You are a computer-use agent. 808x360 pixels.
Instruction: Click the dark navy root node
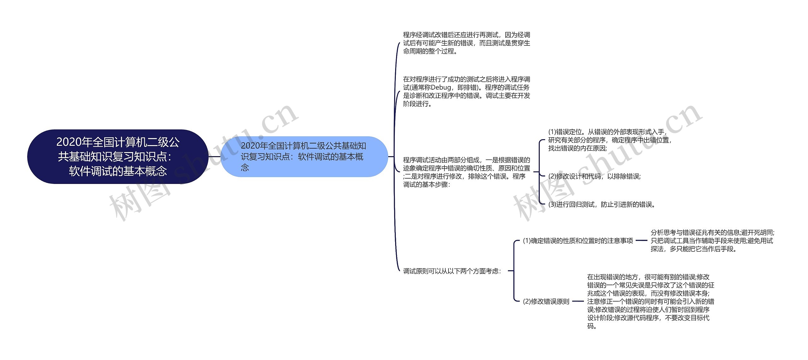118,156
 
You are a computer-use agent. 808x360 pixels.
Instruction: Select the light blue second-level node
304,156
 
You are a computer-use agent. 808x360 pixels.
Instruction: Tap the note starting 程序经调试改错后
466,43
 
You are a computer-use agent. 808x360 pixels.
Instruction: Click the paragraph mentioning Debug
466,91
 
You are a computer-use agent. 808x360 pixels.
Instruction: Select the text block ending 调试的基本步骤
466,172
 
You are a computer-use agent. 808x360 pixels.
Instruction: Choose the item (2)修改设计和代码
595,176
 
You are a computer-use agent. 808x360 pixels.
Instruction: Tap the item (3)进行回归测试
602,204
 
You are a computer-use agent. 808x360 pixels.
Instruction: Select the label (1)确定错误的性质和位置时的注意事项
578,241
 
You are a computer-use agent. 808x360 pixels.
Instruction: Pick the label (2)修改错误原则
546,301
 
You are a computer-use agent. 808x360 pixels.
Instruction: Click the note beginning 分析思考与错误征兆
712,241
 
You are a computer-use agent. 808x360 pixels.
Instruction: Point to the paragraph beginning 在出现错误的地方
650,301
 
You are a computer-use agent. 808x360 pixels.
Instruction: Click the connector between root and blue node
214,156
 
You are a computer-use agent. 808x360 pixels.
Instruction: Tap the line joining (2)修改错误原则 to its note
578,301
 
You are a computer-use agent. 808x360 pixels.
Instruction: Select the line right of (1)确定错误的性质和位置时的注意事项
641,241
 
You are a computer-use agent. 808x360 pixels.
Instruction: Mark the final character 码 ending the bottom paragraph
590,326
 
